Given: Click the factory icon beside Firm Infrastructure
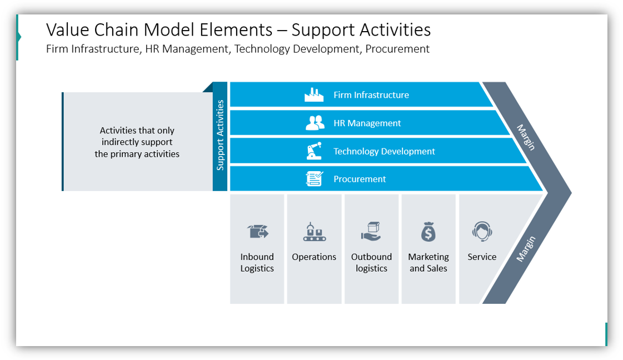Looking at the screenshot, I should coord(314,95).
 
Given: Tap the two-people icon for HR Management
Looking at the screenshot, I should coord(315,123).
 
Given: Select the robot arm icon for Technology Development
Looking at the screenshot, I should coord(314,151).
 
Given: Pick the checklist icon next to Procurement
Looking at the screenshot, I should coord(314,179).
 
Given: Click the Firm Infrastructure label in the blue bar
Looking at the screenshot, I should coord(371,95).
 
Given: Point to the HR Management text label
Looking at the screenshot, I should coord(367,123).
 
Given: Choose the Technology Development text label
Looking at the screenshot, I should coord(384,151).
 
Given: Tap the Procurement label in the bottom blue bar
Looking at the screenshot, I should coord(360,179).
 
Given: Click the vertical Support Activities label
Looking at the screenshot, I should coord(220,135).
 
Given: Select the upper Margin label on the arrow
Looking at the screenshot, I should coord(526,137).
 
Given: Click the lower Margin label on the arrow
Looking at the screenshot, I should coord(526,248).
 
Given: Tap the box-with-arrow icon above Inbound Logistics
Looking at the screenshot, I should coord(257,231).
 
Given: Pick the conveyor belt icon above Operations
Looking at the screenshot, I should coord(314,232).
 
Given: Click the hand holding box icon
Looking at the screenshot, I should coord(371,231).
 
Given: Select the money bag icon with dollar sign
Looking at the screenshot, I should coord(428,232).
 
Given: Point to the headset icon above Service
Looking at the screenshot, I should coord(482,231).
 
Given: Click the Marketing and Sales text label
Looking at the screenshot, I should coord(428,262).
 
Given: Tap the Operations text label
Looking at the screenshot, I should coord(314,257).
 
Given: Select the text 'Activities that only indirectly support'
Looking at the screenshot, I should coord(137,136).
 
